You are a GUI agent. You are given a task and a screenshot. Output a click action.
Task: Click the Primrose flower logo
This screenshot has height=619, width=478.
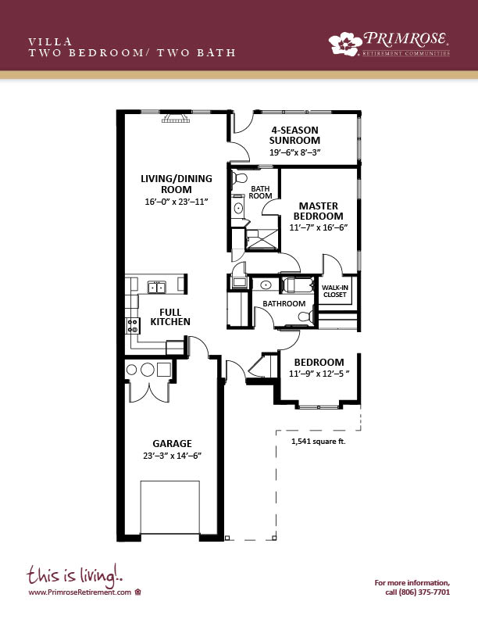(345, 44)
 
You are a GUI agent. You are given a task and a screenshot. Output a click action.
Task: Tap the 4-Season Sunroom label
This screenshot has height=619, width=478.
(294, 135)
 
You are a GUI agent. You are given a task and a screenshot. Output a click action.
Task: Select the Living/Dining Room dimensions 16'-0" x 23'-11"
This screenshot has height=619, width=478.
(177, 202)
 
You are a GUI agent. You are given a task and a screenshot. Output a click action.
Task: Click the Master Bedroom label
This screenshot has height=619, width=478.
(318, 211)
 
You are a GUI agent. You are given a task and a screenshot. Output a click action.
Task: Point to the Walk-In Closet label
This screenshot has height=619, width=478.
(335, 291)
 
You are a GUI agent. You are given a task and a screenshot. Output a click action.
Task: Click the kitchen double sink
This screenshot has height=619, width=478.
(157, 287)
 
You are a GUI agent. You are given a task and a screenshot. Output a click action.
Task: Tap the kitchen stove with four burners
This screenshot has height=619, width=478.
(133, 326)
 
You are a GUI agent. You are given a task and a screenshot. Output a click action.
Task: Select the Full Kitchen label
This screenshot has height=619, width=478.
(170, 317)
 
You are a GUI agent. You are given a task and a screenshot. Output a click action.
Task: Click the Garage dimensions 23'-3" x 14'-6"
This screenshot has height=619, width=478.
(173, 456)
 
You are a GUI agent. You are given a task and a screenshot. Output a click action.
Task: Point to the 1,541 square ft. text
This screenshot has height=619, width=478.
(318, 442)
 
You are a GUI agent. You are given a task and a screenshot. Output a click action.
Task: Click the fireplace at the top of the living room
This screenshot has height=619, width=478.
(176, 118)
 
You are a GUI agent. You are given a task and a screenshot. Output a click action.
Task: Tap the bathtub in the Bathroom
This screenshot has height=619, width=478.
(298, 285)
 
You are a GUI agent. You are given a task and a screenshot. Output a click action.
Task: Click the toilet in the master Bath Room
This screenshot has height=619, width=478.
(239, 178)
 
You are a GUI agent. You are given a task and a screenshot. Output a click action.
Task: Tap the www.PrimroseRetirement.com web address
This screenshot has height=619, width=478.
(80, 592)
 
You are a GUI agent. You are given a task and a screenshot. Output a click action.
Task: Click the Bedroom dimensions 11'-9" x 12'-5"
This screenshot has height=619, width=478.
(319, 374)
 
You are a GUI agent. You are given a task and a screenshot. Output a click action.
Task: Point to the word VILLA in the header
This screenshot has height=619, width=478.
(50, 41)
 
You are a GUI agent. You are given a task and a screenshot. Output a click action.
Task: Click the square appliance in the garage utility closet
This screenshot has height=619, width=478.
(164, 370)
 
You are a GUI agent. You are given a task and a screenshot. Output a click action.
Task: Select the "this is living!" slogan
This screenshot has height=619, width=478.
(74, 574)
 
